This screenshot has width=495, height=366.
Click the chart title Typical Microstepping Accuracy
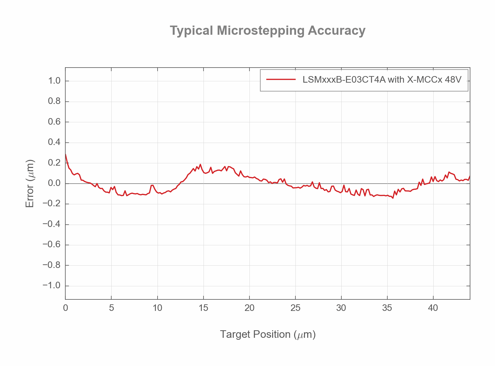267,31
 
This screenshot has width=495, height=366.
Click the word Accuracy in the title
336,31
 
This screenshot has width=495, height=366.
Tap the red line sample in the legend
281,79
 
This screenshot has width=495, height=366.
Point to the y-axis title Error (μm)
30,184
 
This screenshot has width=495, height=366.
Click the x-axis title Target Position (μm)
268,334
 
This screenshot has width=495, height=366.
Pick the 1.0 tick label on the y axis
54,81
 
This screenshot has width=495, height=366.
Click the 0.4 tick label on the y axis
54,142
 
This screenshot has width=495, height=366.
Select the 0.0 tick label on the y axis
54,183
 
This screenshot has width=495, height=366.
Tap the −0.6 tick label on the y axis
52,245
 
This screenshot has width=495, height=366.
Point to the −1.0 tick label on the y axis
52,286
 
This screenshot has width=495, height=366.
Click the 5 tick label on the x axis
112,308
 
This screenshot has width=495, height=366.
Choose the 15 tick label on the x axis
204,308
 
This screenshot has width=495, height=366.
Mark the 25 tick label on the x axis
295,308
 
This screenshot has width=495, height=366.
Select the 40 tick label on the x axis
433,308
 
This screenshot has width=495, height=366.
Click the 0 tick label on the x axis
66,308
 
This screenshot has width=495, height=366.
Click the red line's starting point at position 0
66,154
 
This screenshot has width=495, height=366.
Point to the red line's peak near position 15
200,164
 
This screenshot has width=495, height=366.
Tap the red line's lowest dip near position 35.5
393,198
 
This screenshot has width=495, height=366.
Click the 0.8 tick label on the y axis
54,101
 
